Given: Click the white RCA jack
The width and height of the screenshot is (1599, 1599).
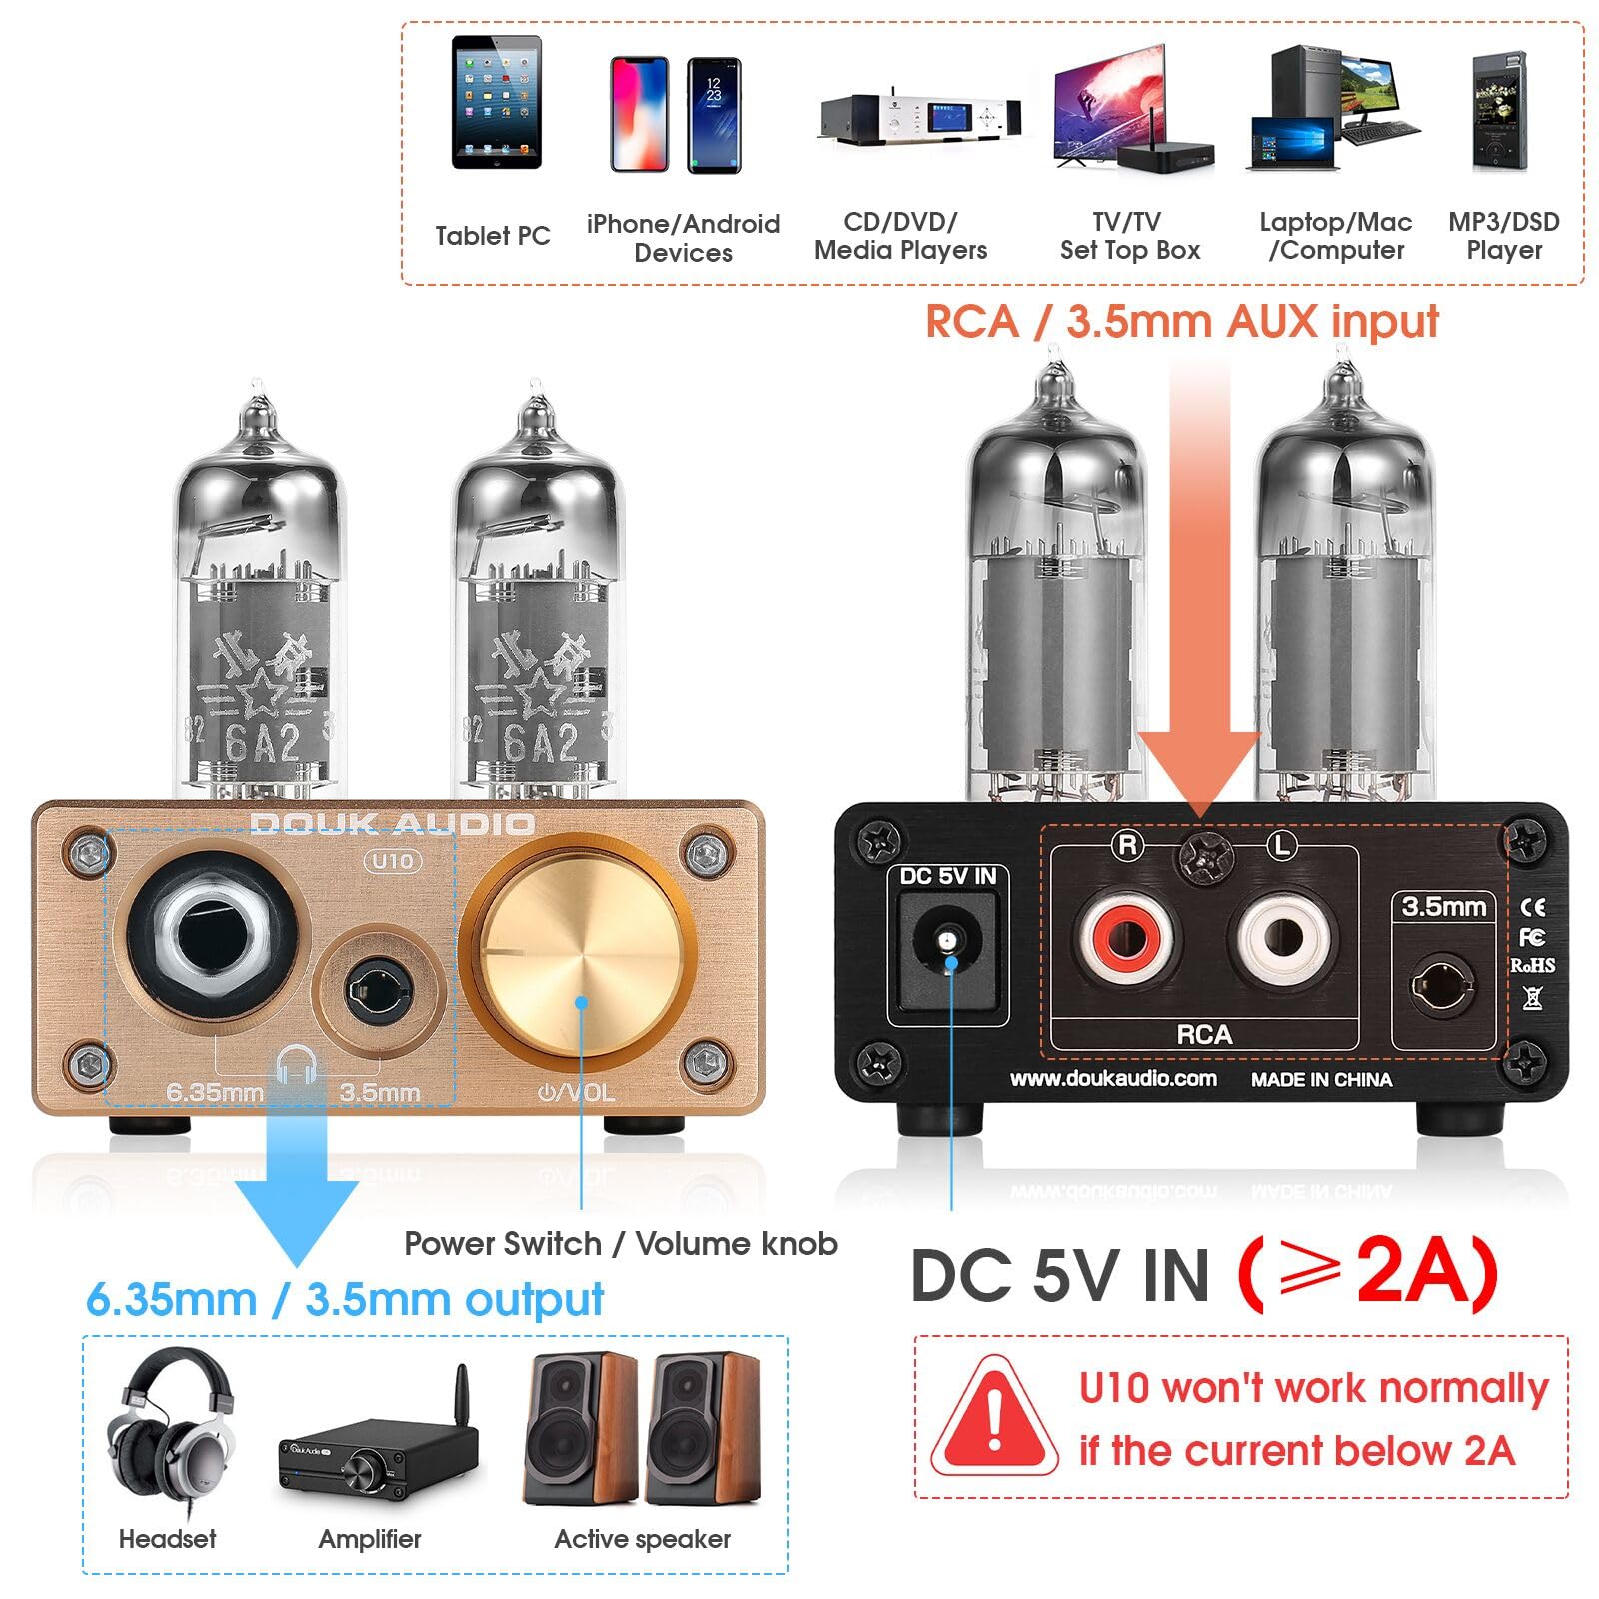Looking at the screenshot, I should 1282,938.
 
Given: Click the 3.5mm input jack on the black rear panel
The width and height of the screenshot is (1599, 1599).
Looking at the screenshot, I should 1441,987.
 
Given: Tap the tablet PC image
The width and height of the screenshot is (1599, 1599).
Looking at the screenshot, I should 496,102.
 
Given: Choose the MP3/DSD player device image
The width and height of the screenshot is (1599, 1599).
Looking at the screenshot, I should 1499,112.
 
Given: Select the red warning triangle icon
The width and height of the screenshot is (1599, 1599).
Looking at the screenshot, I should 993,1417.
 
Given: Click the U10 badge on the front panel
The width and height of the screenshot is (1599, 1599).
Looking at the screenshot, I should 393,861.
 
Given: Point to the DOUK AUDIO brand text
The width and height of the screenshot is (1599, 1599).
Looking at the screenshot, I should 392,824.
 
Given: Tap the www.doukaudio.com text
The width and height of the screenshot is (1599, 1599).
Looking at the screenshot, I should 1113,1078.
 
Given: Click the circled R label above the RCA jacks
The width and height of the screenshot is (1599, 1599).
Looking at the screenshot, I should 1127,845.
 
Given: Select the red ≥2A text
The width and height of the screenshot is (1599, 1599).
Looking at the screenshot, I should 1367,1271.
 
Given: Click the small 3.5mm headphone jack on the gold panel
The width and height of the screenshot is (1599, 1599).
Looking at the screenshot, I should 378,990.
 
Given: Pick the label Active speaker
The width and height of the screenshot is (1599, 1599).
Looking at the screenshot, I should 642,1539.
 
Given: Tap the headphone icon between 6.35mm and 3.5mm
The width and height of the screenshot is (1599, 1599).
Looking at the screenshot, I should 296,1065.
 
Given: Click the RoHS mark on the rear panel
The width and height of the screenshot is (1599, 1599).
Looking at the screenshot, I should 1531,965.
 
